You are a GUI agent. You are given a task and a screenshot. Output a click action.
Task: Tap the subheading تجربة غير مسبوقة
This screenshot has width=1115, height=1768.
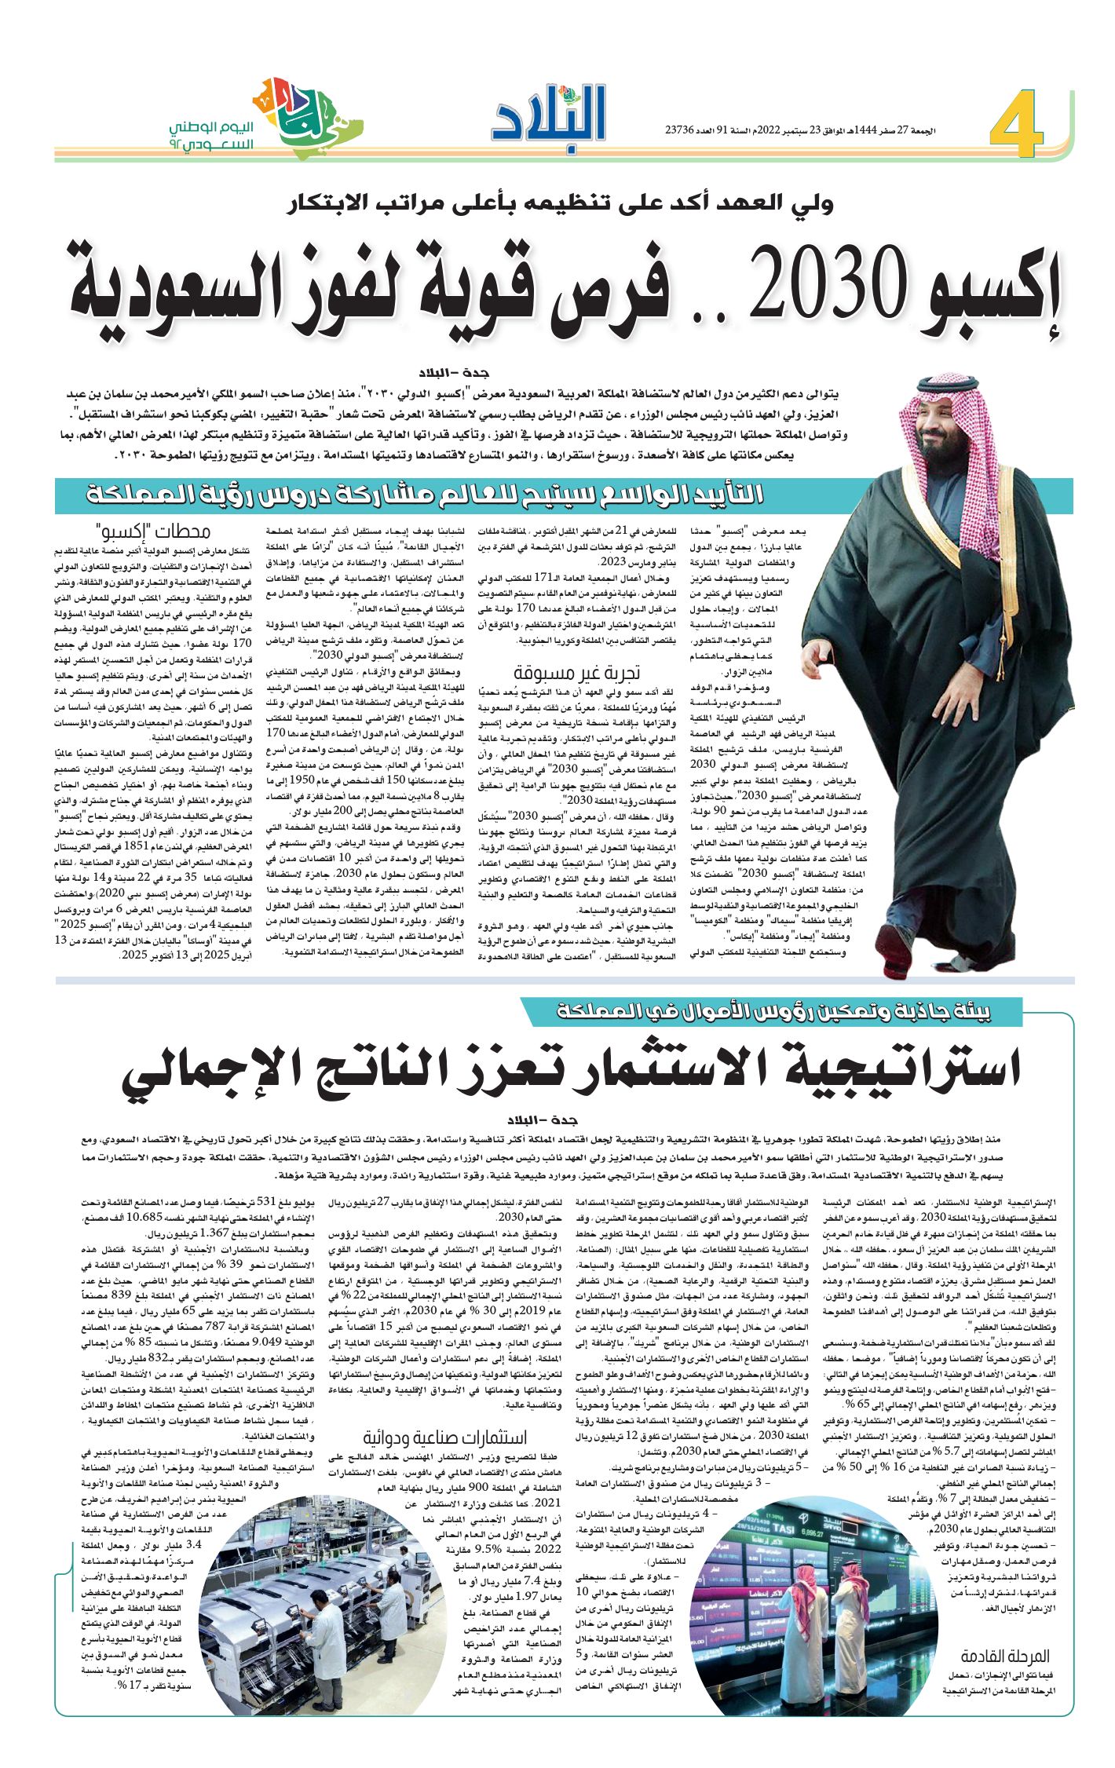(x=577, y=672)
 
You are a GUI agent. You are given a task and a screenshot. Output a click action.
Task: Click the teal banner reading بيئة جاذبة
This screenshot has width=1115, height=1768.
(x=773, y=1012)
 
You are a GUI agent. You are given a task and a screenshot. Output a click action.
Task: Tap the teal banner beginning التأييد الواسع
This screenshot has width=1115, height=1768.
(x=424, y=495)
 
